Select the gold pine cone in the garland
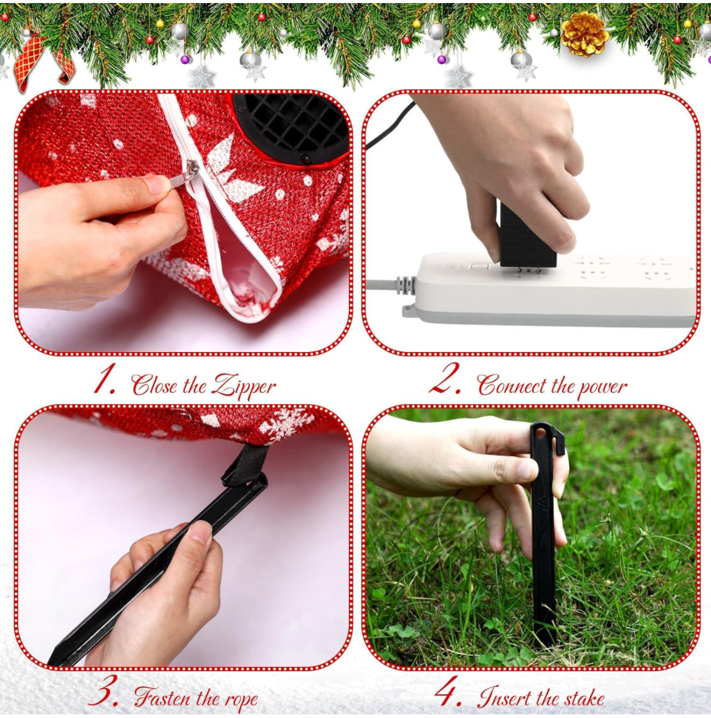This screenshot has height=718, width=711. click(x=585, y=34)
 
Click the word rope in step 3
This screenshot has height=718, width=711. click(x=241, y=700)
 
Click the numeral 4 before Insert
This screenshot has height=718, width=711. click(x=447, y=691)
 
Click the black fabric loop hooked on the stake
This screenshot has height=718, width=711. click(x=246, y=464)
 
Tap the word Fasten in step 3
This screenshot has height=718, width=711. click(x=162, y=697)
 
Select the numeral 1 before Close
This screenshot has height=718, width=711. click(x=103, y=378)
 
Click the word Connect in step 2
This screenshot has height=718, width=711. click(x=512, y=385)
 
